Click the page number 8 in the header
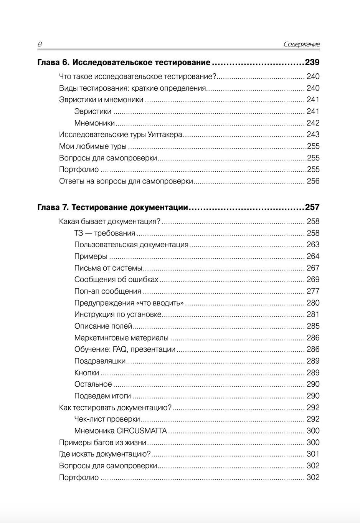point(40,44)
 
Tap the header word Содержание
point(301,44)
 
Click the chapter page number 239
point(312,62)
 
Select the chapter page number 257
point(312,207)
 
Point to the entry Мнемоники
point(94,123)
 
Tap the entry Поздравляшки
point(100,361)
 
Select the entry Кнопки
point(87,372)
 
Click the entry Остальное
point(93,384)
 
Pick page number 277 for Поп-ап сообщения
point(313,291)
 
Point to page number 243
point(313,134)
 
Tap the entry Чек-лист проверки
point(107,419)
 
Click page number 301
point(313,454)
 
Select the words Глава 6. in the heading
point(53,62)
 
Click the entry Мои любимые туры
point(93,146)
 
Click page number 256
point(313,181)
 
